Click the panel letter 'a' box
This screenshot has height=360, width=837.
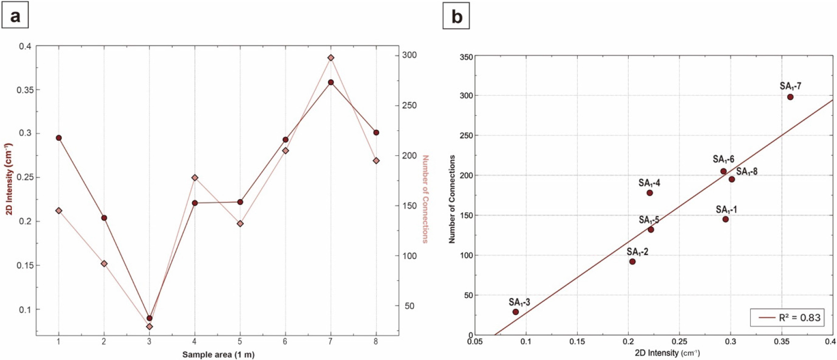point(15,16)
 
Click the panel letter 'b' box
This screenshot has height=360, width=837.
point(456,16)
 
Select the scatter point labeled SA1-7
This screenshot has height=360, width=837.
point(790,97)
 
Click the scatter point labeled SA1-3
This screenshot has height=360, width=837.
point(516,312)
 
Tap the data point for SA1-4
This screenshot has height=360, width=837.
point(650,193)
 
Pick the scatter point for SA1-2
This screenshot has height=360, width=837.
point(632,261)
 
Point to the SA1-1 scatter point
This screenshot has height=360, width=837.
point(725,219)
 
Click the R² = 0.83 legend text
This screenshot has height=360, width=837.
point(800,318)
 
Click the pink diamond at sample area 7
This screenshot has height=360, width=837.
point(331,58)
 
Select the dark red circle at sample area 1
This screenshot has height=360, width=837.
point(59,138)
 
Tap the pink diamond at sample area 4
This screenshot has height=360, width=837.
point(195,178)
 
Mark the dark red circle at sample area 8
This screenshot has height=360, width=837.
point(376,133)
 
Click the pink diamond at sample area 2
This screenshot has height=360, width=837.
point(104,264)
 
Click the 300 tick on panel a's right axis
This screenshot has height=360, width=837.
point(410,55)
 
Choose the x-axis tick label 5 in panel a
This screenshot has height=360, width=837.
point(240,341)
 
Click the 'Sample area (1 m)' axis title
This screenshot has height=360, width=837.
point(218,354)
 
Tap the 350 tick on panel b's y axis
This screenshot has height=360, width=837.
point(466,57)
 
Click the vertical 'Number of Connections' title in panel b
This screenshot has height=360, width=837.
point(452,199)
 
